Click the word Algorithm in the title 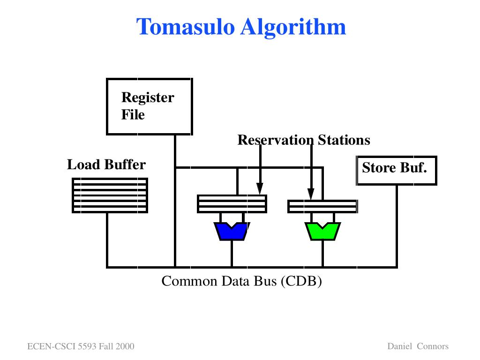pos(293,27)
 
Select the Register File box pos(150,106)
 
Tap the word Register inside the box pos(148,97)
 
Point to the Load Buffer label pos(106,165)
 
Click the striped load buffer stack pos(110,195)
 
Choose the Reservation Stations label pos(304,140)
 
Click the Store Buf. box pos(397,171)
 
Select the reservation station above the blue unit pos(232,203)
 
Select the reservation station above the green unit pos(322,206)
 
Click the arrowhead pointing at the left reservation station pos(260,188)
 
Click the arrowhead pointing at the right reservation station pos(311,194)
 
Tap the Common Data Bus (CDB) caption pos(242,281)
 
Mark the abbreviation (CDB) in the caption pos(301,281)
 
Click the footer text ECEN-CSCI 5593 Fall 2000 pos(81,346)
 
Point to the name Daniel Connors pos(418,346)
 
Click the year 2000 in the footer pos(125,346)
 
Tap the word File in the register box pos(133,115)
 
